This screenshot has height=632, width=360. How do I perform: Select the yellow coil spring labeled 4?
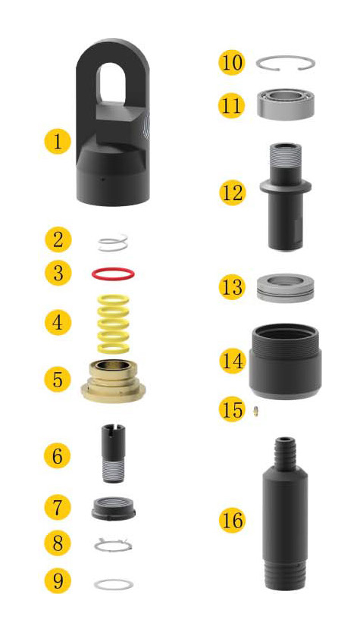(113, 324)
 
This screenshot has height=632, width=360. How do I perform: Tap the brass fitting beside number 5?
(113, 380)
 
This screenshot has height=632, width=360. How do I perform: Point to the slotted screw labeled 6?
(113, 453)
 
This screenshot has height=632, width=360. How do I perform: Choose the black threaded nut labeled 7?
(113, 508)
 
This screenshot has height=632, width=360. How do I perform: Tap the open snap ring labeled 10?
(286, 58)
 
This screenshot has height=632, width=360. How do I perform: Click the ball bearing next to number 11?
(286, 104)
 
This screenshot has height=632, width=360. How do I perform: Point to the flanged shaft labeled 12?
(286, 196)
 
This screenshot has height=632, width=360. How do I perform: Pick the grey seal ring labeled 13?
(286, 288)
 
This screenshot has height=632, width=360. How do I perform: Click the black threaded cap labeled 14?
(286, 361)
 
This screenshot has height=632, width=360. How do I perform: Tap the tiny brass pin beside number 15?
(255, 411)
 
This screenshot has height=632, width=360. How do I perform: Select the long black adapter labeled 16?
(286, 513)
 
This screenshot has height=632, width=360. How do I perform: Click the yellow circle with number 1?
(58, 142)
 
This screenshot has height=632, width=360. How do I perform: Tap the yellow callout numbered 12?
(232, 192)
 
